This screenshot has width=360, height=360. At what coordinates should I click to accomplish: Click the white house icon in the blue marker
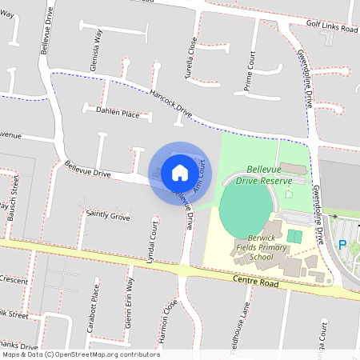pyautogui.click(x=180, y=172)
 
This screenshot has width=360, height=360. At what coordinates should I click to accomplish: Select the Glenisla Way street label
pyautogui.click(x=97, y=53)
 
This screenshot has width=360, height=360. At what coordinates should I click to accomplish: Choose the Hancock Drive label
pyautogui.click(x=161, y=101)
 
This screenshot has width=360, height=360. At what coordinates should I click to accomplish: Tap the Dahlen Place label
pyautogui.click(x=117, y=114)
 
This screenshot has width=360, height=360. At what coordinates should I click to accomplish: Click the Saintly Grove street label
pyautogui.click(x=107, y=216)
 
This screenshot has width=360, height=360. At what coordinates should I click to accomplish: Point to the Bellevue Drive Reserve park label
pyautogui.click(x=270, y=176)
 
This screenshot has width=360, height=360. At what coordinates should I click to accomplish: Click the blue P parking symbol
pyautogui.click(x=342, y=246)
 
